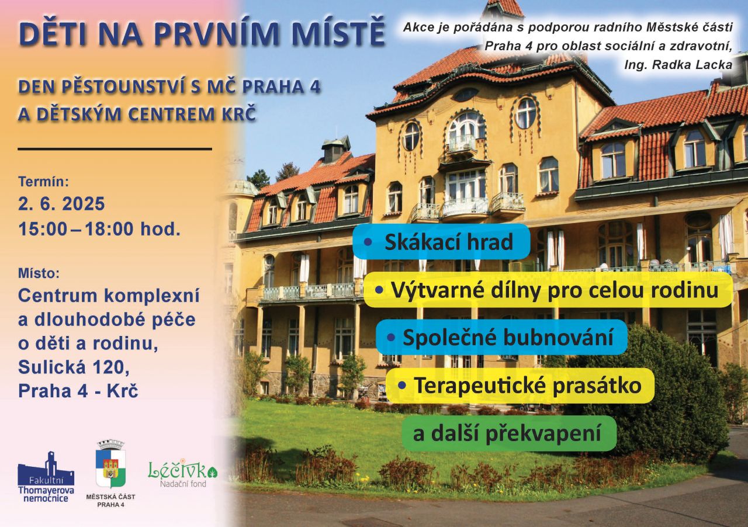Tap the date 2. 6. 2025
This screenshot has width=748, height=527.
tap(61, 204)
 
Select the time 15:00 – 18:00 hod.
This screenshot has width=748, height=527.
tap(99, 229)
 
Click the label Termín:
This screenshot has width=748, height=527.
tap(44, 182)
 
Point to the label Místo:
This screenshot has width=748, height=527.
tap(39, 273)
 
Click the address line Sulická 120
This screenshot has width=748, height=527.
tap(74, 367)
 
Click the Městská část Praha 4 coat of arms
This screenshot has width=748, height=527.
tap(110, 464)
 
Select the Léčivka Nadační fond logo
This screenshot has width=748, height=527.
tap(183, 474)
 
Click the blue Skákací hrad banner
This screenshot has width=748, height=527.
tap(441, 242)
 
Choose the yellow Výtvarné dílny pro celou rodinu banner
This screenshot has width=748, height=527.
tap(548, 290)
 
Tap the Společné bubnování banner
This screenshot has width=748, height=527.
tap(501, 337)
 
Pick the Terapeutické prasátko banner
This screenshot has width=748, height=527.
tap(521, 386)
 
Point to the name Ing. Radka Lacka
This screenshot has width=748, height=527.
tap(678, 65)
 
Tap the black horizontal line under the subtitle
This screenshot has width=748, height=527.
tap(115, 149)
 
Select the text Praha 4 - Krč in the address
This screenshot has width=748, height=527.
tap(78, 391)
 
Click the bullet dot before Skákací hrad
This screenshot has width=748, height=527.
tap(368, 242)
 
